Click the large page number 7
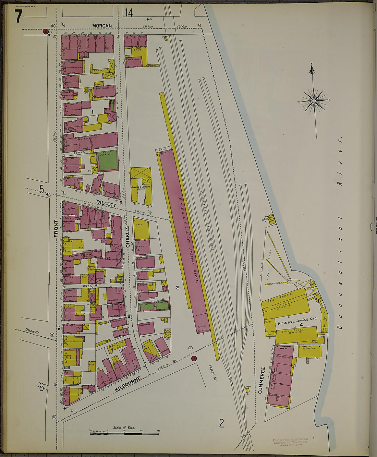coord(18,16)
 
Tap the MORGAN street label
coord(102,26)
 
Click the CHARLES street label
coord(127,237)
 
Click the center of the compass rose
coord(314,101)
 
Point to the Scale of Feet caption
coord(124,428)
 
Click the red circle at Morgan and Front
coord(46,32)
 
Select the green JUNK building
coord(108,161)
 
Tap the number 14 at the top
coord(129,13)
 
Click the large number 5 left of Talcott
coord(42,189)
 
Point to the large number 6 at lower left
coord(41,387)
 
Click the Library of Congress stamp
coord(290,442)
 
